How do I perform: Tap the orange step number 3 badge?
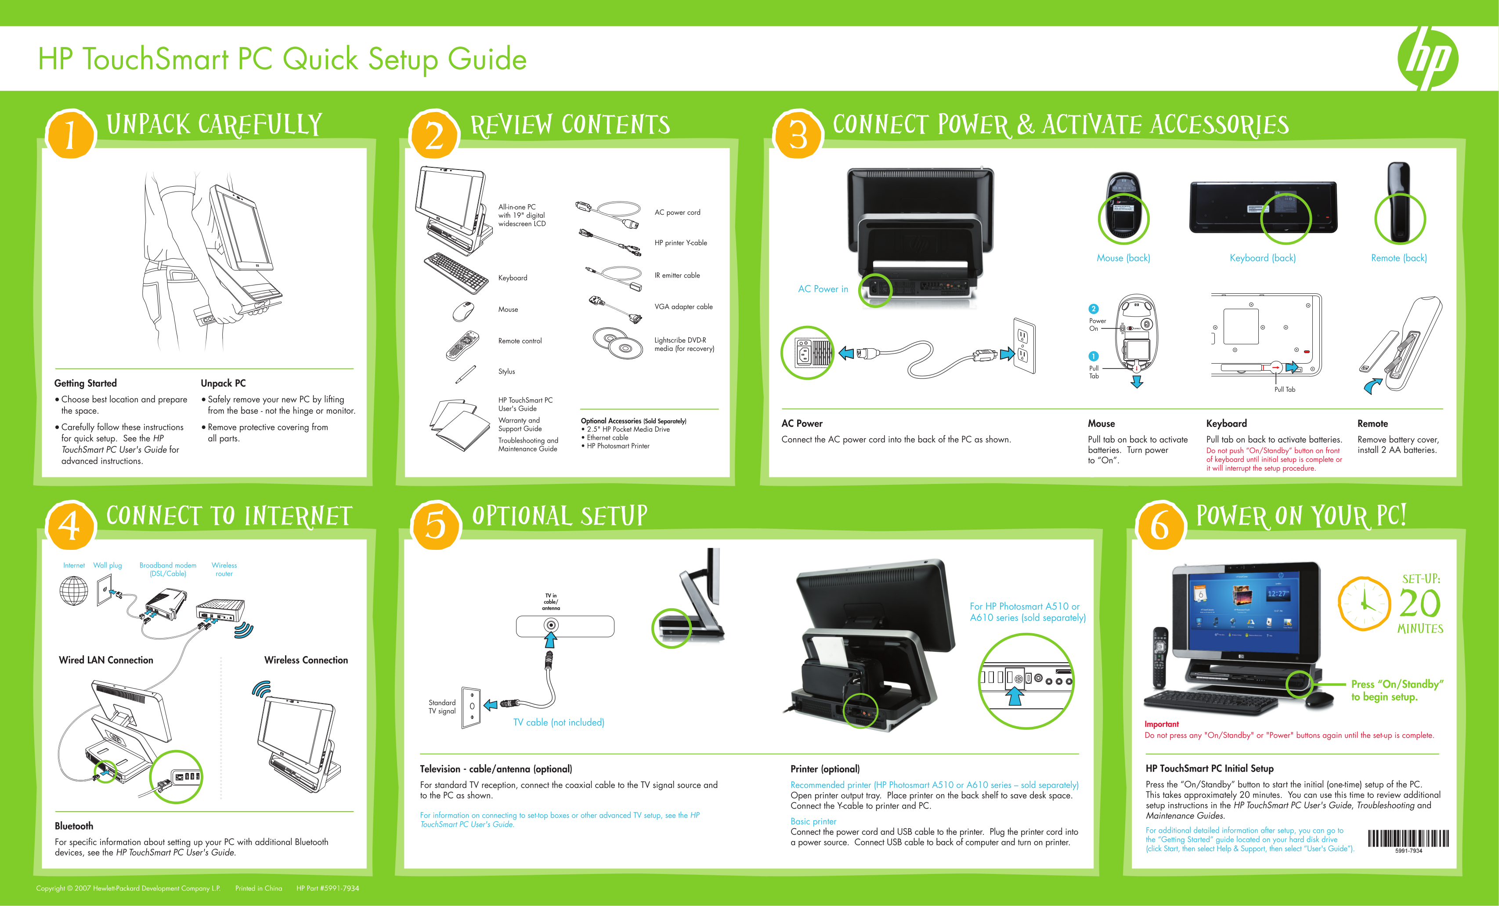coord(798,134)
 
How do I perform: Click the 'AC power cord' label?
coord(677,213)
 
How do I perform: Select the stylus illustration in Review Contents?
coord(466,374)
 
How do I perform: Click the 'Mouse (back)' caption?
coord(1123,258)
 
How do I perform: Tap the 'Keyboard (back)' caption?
coord(1262,258)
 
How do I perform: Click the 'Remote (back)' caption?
coord(1398,258)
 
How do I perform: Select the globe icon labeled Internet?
coord(74,590)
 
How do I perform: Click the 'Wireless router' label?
coord(224,570)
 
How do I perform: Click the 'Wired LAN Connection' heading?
coord(106,660)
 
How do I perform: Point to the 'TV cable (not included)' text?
coord(559,722)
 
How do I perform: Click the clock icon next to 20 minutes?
coord(1365,603)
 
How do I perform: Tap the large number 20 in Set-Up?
coord(1420,603)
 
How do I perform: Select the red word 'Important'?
coord(1161,724)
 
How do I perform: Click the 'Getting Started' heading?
coord(85,383)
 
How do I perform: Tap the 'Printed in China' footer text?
coord(259,888)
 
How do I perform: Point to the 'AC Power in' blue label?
coord(823,289)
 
